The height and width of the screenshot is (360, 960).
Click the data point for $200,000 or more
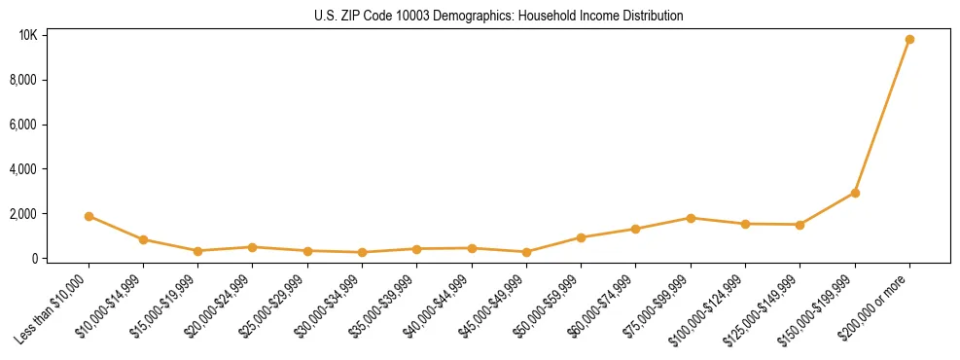[x=909, y=40]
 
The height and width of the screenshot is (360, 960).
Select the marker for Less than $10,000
[x=89, y=216]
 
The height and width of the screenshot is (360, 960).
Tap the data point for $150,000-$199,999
[x=855, y=193]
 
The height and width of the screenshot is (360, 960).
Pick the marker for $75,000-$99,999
[x=691, y=218]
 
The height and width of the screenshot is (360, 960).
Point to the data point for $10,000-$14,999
[x=143, y=239]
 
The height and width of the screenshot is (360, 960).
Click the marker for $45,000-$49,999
[x=526, y=252]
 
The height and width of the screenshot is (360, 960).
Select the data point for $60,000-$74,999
[x=636, y=229]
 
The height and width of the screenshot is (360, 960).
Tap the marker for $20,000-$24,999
[x=253, y=247]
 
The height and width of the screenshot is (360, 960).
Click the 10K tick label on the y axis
[x=28, y=36]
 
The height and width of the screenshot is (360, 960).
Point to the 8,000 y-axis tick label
[x=25, y=80]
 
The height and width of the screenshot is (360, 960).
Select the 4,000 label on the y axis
[x=25, y=169]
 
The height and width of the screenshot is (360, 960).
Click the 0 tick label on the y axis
[x=35, y=259]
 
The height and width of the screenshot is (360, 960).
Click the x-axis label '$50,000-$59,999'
[x=550, y=305]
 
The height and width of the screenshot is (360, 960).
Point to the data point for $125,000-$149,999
[x=800, y=225]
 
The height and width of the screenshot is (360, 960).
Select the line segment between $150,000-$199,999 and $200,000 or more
[x=882, y=117]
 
